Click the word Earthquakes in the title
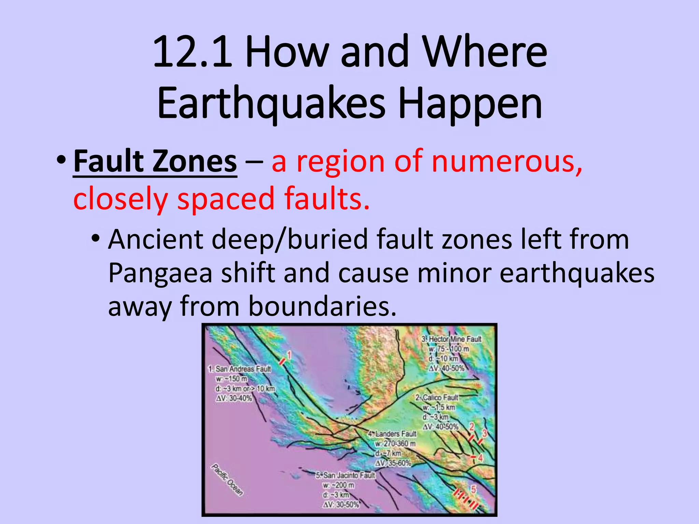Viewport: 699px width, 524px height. tap(271, 103)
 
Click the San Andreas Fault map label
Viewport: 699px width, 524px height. tap(240, 369)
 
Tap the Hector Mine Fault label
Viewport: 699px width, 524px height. tap(452, 339)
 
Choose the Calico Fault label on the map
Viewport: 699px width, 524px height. tap(437, 398)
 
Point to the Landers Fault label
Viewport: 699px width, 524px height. tap(393, 434)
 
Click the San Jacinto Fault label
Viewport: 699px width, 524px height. tap(345, 475)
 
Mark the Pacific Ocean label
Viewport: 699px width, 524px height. tap(227, 479)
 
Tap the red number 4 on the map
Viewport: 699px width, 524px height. tap(480, 458)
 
